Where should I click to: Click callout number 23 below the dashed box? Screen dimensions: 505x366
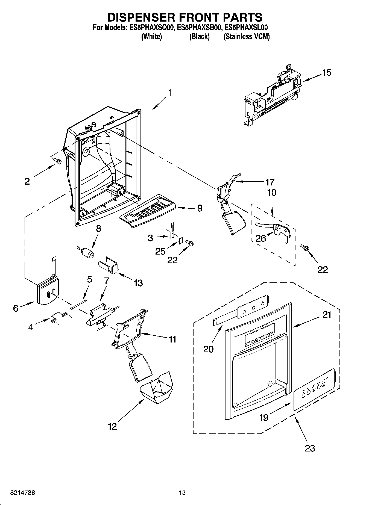[310, 448]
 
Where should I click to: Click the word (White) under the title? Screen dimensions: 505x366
[151, 37]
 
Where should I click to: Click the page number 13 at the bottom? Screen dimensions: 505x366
[182, 493]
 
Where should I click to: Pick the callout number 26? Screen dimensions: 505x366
[260, 238]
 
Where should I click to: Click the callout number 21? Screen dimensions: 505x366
[327, 315]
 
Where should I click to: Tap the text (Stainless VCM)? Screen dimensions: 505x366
[247, 37]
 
